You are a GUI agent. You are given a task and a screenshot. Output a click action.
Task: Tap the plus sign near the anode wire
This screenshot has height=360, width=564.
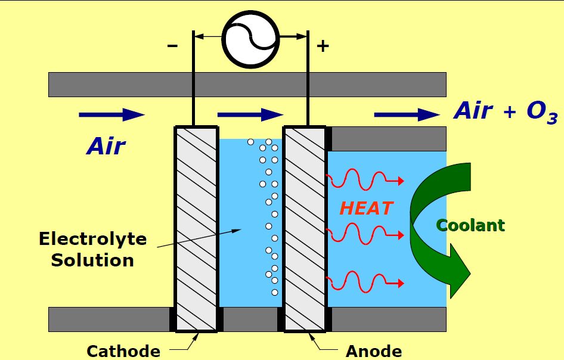point(323,46)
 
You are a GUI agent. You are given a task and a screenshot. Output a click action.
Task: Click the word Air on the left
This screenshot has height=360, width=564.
point(107,146)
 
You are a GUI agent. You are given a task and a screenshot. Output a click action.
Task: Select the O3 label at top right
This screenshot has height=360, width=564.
point(541,113)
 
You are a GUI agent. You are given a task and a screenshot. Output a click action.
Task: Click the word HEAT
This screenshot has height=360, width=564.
point(366,208)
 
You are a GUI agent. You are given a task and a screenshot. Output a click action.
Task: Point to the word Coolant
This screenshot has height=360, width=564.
point(470,225)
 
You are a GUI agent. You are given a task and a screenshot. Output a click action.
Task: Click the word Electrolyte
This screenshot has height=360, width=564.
point(92,240)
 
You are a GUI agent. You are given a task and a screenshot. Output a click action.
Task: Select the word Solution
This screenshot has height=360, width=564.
point(92,260)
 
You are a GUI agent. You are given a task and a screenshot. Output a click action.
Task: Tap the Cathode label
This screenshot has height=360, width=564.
point(123,351)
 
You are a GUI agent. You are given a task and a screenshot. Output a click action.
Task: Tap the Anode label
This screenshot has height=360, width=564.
point(374,351)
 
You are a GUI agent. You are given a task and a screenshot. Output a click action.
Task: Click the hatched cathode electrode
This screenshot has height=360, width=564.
point(196,229)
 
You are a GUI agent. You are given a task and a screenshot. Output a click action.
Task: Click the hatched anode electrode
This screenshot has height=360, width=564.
point(305,229)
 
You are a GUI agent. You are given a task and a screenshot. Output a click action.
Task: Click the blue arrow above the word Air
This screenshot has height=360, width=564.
point(111,114)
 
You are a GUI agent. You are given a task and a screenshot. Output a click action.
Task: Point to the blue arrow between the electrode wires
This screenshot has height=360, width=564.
point(250,114)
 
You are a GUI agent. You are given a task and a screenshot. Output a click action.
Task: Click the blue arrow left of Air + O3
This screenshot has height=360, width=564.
point(407,114)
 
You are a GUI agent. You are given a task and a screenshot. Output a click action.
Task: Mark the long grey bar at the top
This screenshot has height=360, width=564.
point(247,84)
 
